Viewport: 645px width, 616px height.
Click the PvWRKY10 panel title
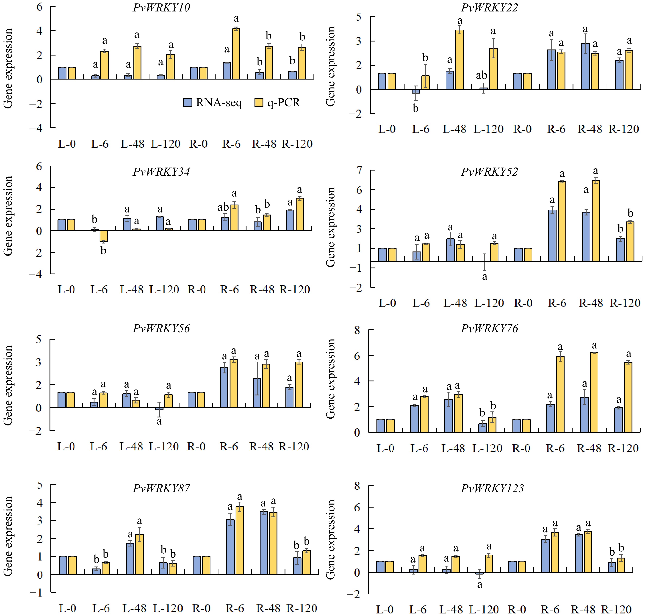point(161,8)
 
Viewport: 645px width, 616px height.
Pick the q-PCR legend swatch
point(259,102)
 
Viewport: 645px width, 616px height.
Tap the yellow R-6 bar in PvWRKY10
point(236,54)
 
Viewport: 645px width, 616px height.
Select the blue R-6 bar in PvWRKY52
point(552,235)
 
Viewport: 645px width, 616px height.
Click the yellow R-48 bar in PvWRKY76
point(594,392)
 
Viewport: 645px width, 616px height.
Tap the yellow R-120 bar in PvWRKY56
point(299,385)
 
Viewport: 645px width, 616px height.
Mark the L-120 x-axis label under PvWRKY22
point(488,129)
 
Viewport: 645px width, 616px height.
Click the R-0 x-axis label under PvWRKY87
point(201,608)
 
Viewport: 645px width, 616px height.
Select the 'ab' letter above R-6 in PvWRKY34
point(223,207)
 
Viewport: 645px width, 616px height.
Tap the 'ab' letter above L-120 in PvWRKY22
point(482,76)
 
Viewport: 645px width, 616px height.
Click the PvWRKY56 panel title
point(161,328)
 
